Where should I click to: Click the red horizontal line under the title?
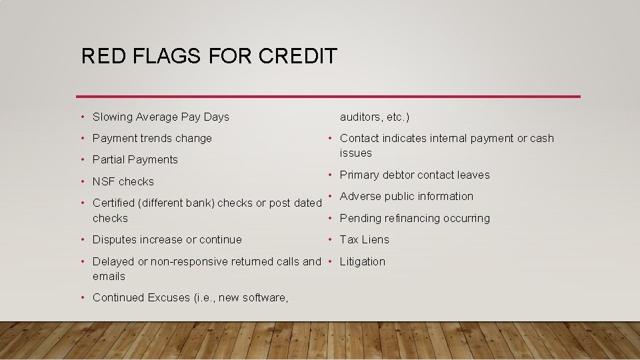[x=328, y=97]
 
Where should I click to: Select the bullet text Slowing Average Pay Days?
[x=161, y=117]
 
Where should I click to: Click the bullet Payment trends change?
[x=152, y=138]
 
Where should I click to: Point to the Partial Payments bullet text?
[x=135, y=159]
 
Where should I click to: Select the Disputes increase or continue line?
[x=167, y=239]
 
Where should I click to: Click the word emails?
[x=109, y=276]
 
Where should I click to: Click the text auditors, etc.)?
[x=375, y=117]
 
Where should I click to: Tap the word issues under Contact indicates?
[x=356, y=153]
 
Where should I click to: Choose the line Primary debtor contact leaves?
[x=415, y=175]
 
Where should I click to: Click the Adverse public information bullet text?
[x=407, y=196]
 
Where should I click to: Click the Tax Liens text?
[x=365, y=239]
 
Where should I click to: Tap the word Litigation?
[x=363, y=261]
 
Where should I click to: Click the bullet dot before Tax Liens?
[x=329, y=239]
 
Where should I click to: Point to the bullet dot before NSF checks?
[x=82, y=181]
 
